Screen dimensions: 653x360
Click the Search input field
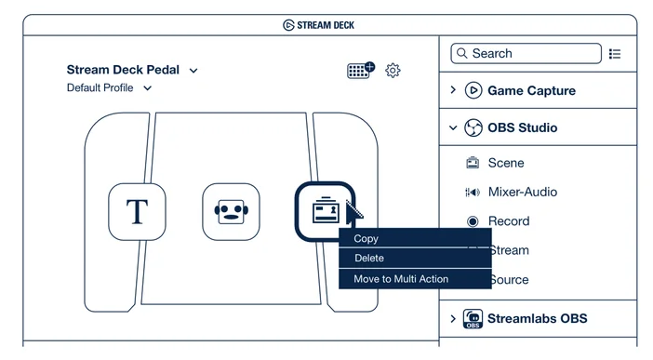(x=526, y=53)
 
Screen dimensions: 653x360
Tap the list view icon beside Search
(x=615, y=54)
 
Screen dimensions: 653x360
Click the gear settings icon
(x=393, y=71)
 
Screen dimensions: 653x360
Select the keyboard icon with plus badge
(x=361, y=70)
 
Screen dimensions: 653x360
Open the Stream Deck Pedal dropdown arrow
(x=193, y=71)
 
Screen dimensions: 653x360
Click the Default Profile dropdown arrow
(x=147, y=88)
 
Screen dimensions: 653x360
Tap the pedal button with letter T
(x=137, y=212)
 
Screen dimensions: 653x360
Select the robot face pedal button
(x=231, y=212)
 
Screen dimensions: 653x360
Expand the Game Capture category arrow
(x=453, y=90)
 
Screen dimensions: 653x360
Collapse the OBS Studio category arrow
(x=453, y=128)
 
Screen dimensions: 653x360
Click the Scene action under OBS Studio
(x=506, y=163)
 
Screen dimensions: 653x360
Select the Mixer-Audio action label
(x=523, y=192)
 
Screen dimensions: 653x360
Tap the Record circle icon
(x=473, y=221)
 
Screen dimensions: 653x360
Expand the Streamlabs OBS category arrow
(x=453, y=319)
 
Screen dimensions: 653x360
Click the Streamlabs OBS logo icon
(x=473, y=319)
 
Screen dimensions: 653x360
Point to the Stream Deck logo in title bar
(x=288, y=25)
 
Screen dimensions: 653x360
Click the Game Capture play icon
(x=473, y=90)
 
